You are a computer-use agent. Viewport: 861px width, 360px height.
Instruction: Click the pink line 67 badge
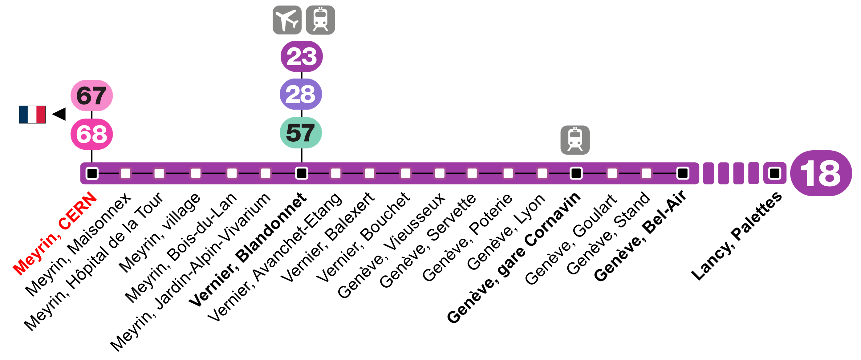(x=91, y=95)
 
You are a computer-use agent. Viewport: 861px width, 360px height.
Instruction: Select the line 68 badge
(x=91, y=134)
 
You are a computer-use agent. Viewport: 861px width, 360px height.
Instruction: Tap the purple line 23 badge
(x=302, y=56)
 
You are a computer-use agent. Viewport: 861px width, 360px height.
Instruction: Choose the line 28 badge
(x=301, y=94)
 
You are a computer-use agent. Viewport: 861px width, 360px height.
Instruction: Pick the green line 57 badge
(x=301, y=133)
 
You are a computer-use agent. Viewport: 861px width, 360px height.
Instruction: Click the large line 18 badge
(x=821, y=173)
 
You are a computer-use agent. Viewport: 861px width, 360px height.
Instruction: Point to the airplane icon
(x=287, y=20)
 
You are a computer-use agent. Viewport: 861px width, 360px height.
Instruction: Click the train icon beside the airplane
(x=320, y=20)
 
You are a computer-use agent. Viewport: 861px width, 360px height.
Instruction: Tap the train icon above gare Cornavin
(x=575, y=140)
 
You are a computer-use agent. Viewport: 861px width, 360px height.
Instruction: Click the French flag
(x=32, y=114)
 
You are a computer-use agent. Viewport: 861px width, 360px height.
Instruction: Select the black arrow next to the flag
(x=59, y=114)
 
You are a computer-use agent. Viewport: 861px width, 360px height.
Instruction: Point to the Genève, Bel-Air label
(x=640, y=236)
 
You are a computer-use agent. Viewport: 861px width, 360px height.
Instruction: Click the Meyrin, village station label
(x=160, y=233)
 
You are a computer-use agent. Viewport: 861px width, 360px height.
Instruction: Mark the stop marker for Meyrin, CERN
(x=92, y=173)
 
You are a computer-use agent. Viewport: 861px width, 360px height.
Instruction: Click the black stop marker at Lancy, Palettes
(x=774, y=173)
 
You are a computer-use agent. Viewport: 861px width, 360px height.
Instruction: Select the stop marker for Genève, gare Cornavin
(x=576, y=173)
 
